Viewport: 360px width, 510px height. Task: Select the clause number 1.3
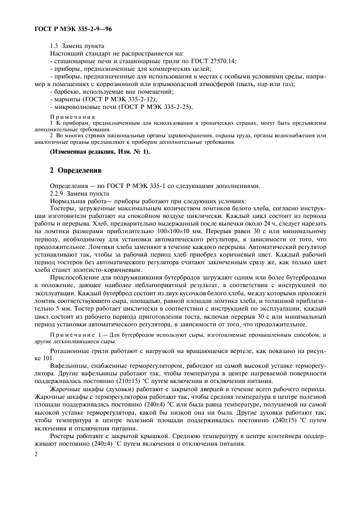tap(55, 46)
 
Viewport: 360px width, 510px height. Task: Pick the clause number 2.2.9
tap(57, 193)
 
